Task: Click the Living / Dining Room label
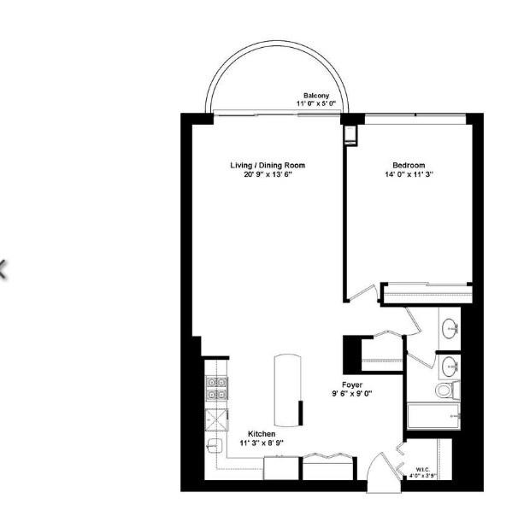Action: tap(267, 165)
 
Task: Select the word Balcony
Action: tap(317, 95)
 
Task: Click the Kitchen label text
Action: tap(262, 434)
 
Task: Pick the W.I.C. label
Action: tap(422, 468)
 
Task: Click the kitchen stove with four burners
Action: tap(216, 389)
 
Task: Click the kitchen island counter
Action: tap(288, 389)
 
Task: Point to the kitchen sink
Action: tap(215, 445)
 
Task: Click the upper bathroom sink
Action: tap(450, 327)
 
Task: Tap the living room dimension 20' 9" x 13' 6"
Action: tap(267, 174)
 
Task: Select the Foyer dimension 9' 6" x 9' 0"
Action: tap(351, 395)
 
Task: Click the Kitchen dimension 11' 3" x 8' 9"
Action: tap(262, 443)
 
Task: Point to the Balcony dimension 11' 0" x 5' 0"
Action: tap(316, 103)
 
